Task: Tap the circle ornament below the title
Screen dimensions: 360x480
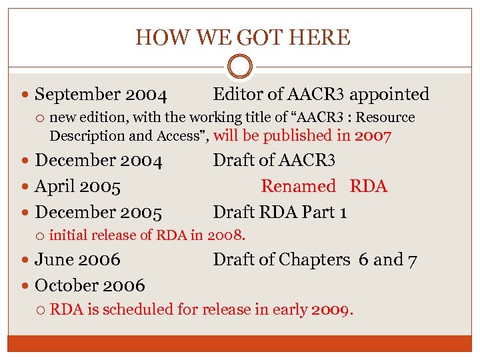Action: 240,67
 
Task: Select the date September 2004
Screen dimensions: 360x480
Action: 101,95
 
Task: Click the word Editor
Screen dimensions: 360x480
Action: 235,95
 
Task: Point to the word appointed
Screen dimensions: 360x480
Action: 389,95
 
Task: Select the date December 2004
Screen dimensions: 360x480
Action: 99,161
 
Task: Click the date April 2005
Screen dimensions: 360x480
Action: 77,187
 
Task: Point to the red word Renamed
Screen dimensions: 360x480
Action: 298,187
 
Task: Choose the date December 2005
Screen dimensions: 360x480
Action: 99,213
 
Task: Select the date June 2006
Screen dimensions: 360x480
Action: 77,259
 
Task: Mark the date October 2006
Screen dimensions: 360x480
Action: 89,285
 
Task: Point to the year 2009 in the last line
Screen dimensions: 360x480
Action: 331,309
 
